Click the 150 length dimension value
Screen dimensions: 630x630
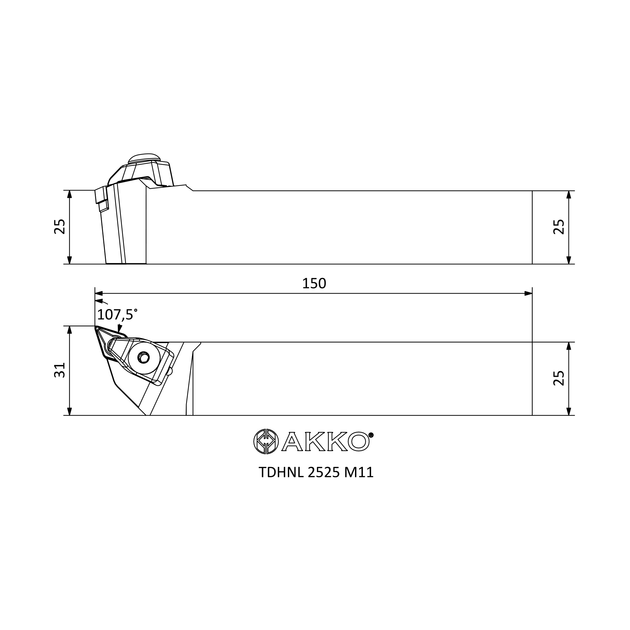pyautogui.click(x=314, y=284)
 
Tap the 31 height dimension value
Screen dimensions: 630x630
pyautogui.click(x=60, y=370)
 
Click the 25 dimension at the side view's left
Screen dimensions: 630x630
pyautogui.click(x=60, y=226)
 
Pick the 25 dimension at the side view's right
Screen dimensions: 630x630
pyautogui.click(x=559, y=226)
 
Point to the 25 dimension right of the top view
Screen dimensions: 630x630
pyautogui.click(x=559, y=378)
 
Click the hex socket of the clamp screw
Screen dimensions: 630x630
pyautogui.click(x=143, y=358)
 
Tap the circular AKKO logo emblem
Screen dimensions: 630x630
pyautogui.click(x=266, y=441)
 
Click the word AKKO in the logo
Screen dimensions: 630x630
pyautogui.click(x=325, y=442)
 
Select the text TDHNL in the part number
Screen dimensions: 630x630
pyautogui.click(x=281, y=472)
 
